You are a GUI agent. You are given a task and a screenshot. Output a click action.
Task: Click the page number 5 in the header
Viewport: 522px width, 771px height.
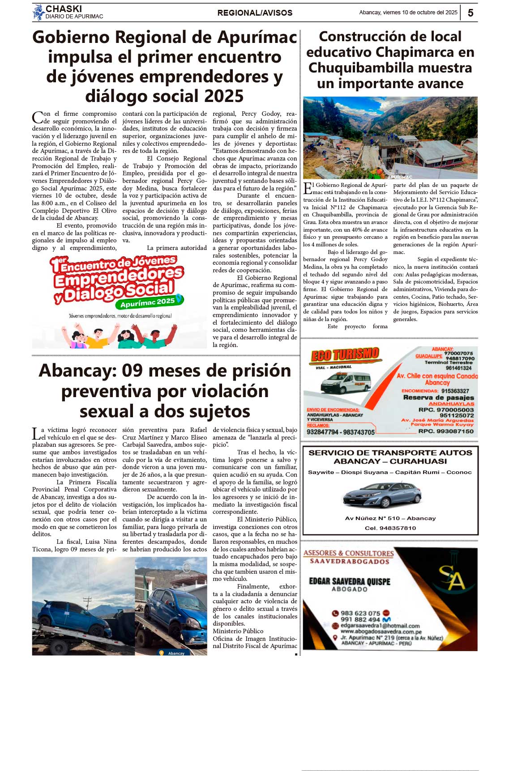pos(471,13)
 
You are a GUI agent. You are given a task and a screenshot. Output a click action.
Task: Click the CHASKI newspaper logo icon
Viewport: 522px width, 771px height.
pos(39,12)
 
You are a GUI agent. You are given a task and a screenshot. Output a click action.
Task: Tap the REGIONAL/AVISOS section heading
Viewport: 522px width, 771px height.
pos(255,13)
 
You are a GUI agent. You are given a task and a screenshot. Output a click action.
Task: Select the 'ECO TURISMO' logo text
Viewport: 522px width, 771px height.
pos(345,355)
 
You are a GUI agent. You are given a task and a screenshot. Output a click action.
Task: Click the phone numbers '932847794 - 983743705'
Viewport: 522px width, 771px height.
pos(341,432)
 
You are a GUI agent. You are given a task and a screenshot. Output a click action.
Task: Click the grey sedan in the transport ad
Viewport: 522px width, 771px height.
pos(382,496)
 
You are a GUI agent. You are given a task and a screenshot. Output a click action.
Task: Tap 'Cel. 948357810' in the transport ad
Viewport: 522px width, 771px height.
pos(390,528)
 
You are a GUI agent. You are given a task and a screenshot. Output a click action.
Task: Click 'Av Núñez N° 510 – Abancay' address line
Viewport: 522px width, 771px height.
pos(390,518)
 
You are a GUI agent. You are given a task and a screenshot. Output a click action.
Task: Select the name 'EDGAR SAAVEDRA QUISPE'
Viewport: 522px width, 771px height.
pos(350,581)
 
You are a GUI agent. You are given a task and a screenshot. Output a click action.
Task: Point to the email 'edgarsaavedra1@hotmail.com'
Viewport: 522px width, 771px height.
pos(380,626)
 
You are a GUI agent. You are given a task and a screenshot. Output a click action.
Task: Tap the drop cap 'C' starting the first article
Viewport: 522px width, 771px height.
pos(37,118)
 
